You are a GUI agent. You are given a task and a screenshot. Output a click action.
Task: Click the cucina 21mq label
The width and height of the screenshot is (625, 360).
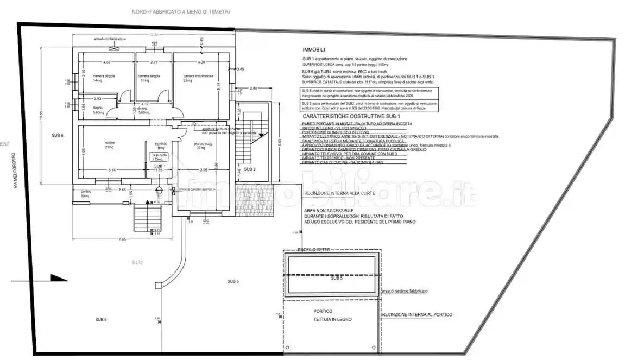tap(109, 145)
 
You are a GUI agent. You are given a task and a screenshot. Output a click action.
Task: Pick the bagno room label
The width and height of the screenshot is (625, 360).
tap(98, 111)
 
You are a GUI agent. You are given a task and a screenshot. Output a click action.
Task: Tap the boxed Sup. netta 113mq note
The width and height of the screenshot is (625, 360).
tap(159, 156)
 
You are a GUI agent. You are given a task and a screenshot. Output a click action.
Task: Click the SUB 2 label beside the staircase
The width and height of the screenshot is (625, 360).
tap(250, 169)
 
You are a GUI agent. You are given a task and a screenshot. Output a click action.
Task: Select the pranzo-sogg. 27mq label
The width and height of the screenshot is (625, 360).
tap(204, 146)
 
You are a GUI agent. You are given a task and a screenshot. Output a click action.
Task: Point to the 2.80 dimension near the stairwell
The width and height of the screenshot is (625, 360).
tap(253, 88)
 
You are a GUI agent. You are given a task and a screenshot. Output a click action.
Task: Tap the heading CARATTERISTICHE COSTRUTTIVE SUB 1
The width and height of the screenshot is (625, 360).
tap(351, 117)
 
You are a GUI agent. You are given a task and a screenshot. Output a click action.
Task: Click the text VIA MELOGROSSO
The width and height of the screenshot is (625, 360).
tap(16, 170)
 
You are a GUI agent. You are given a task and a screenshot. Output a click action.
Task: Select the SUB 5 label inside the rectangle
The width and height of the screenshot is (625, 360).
tap(337, 278)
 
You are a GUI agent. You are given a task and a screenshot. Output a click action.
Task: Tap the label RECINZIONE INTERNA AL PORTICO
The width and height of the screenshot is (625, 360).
tap(417, 314)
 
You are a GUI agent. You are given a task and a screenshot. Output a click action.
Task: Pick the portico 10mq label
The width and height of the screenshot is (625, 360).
tap(85, 193)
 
